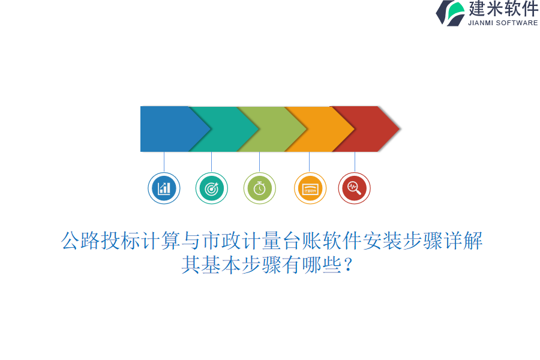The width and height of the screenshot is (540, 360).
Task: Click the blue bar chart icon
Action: pyautogui.click(x=164, y=188)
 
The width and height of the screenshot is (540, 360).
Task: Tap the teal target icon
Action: pyautogui.click(x=211, y=188)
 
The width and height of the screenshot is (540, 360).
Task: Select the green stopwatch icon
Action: pyautogui.click(x=259, y=188)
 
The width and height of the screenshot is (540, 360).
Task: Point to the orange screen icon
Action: pyautogui.click(x=310, y=188)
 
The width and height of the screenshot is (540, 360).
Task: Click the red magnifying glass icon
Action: pyautogui.click(x=354, y=188)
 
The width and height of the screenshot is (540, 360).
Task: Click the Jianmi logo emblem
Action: pyautogui.click(x=451, y=13)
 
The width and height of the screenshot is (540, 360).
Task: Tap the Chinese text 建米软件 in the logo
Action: pyautogui.click(x=503, y=9)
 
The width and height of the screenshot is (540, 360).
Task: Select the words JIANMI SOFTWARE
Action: pyautogui.click(x=503, y=23)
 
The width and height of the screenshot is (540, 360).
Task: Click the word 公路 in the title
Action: pyautogui.click(x=81, y=241)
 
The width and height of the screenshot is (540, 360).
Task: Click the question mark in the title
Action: pyautogui.click(x=349, y=265)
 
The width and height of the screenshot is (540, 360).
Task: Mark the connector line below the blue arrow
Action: pyautogui.click(x=164, y=162)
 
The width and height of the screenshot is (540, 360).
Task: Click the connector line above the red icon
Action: pyautogui.click(x=355, y=162)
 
